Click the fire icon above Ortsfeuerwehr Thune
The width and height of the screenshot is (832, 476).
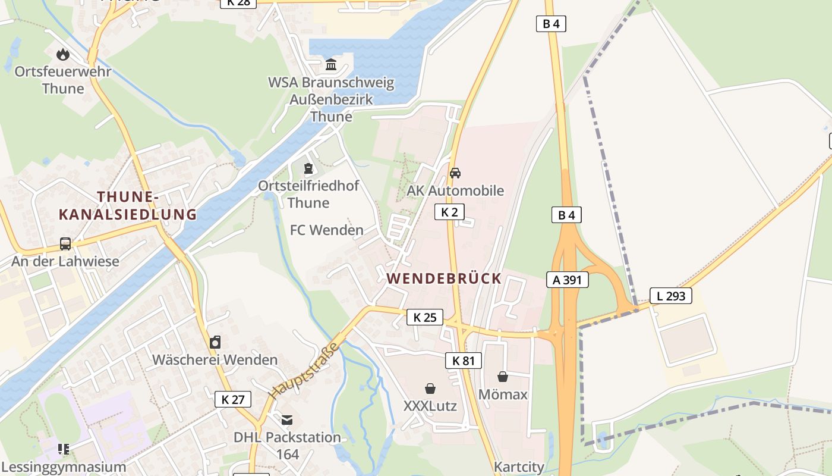point(63,55)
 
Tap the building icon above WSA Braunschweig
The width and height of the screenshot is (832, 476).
point(331,64)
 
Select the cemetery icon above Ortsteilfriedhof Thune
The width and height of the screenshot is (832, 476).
point(308,169)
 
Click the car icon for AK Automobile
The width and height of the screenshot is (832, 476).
point(455,173)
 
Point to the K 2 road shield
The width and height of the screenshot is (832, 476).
point(449,212)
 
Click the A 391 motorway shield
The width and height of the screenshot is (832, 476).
point(568,280)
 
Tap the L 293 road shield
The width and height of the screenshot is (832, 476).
point(671,296)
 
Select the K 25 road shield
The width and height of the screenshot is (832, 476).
point(425,317)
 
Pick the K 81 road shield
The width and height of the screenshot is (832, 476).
point(464,360)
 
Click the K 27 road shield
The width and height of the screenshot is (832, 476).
point(233,399)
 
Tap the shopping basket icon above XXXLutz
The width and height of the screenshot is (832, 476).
point(430,389)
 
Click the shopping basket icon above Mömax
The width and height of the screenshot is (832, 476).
point(503,377)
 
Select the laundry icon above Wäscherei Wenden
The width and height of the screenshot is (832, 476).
point(215,342)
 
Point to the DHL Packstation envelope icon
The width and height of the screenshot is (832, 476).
point(288,420)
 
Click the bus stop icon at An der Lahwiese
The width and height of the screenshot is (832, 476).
point(65,244)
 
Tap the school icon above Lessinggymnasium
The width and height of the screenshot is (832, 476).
point(64,449)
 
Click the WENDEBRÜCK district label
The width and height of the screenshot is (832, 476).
point(444,278)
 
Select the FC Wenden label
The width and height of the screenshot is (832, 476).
point(327,230)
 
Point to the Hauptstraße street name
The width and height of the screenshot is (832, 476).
point(302,371)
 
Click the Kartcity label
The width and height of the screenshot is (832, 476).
point(519,467)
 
